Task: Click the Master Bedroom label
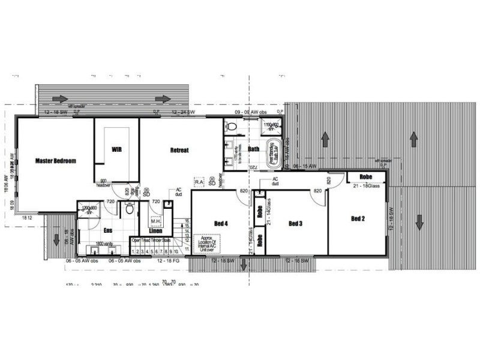tap(56, 160)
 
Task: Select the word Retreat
tap(179, 150)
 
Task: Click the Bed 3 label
tap(295, 223)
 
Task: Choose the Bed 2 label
tap(358, 218)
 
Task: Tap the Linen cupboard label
tap(155, 230)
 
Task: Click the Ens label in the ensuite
tap(108, 230)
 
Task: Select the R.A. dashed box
tap(200, 181)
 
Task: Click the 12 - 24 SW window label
tap(182, 112)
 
